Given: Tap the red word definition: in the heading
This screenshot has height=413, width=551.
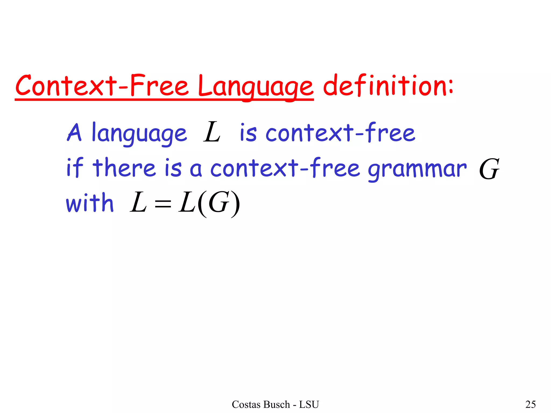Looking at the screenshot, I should point(388,86).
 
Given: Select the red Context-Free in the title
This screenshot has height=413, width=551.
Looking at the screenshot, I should point(102,86).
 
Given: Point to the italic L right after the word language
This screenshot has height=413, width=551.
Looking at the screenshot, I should point(212,132).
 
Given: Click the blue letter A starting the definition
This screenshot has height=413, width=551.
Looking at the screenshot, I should point(74,132).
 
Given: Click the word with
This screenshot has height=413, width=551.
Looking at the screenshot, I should point(90,203).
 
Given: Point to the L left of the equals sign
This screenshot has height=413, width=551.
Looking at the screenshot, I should point(138,202).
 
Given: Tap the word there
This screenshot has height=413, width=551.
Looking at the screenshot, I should point(124,168).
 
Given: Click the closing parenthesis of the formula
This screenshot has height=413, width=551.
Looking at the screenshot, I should point(235,204).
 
